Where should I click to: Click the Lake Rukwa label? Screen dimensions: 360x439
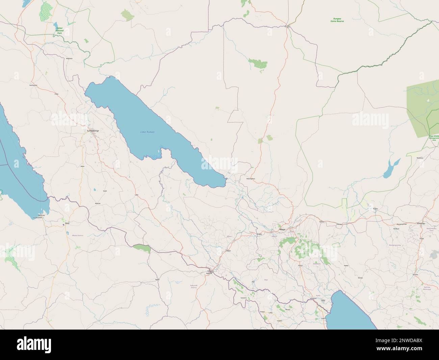click(147, 131)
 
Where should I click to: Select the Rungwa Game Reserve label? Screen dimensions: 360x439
click(337, 20)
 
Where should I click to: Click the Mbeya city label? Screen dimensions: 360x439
click(282, 230)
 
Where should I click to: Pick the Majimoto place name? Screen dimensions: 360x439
click(69, 58)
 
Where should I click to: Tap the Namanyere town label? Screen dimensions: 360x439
click(33, 85)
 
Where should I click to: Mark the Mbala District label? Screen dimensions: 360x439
click(77, 235)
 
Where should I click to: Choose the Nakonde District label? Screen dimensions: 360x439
click(193, 286)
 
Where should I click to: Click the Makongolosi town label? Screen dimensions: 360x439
click(251, 178)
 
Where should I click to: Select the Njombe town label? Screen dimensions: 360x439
click(425, 274)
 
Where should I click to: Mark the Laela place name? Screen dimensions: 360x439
click(136, 195)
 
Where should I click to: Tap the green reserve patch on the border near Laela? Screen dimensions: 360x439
click(142, 248)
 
